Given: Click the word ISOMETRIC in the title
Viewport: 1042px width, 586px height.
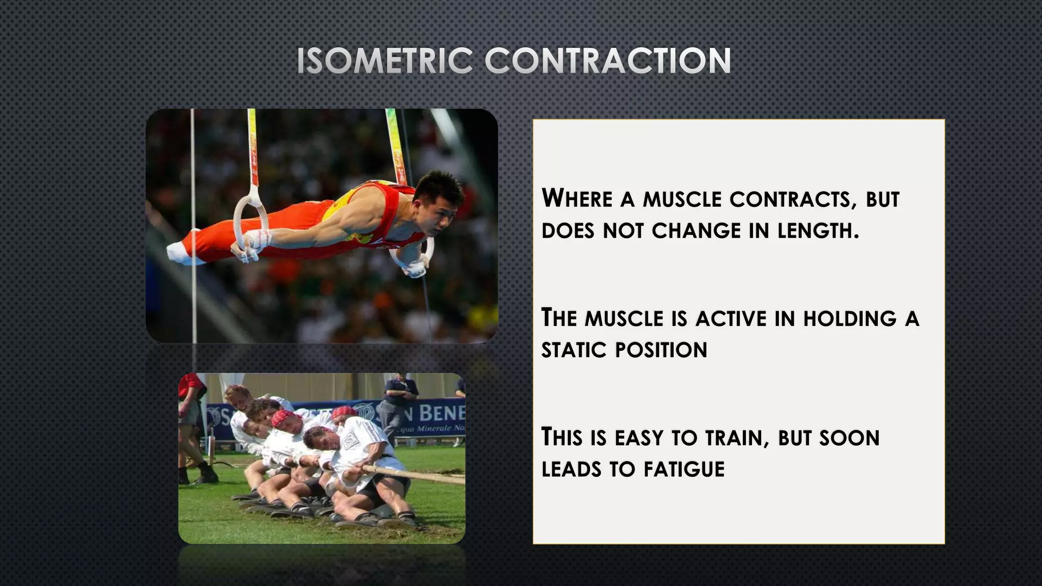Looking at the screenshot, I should coord(385,61).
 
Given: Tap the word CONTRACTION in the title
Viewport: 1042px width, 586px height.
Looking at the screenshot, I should coord(607,61).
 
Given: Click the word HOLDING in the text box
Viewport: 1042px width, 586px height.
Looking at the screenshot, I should coord(850,319).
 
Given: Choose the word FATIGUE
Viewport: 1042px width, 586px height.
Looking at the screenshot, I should coord(684,469).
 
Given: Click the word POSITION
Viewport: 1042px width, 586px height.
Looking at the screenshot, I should coord(661,350).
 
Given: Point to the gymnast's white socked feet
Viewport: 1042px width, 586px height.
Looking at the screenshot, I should coord(181,253).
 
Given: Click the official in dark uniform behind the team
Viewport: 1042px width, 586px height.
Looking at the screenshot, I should coord(399,402).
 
